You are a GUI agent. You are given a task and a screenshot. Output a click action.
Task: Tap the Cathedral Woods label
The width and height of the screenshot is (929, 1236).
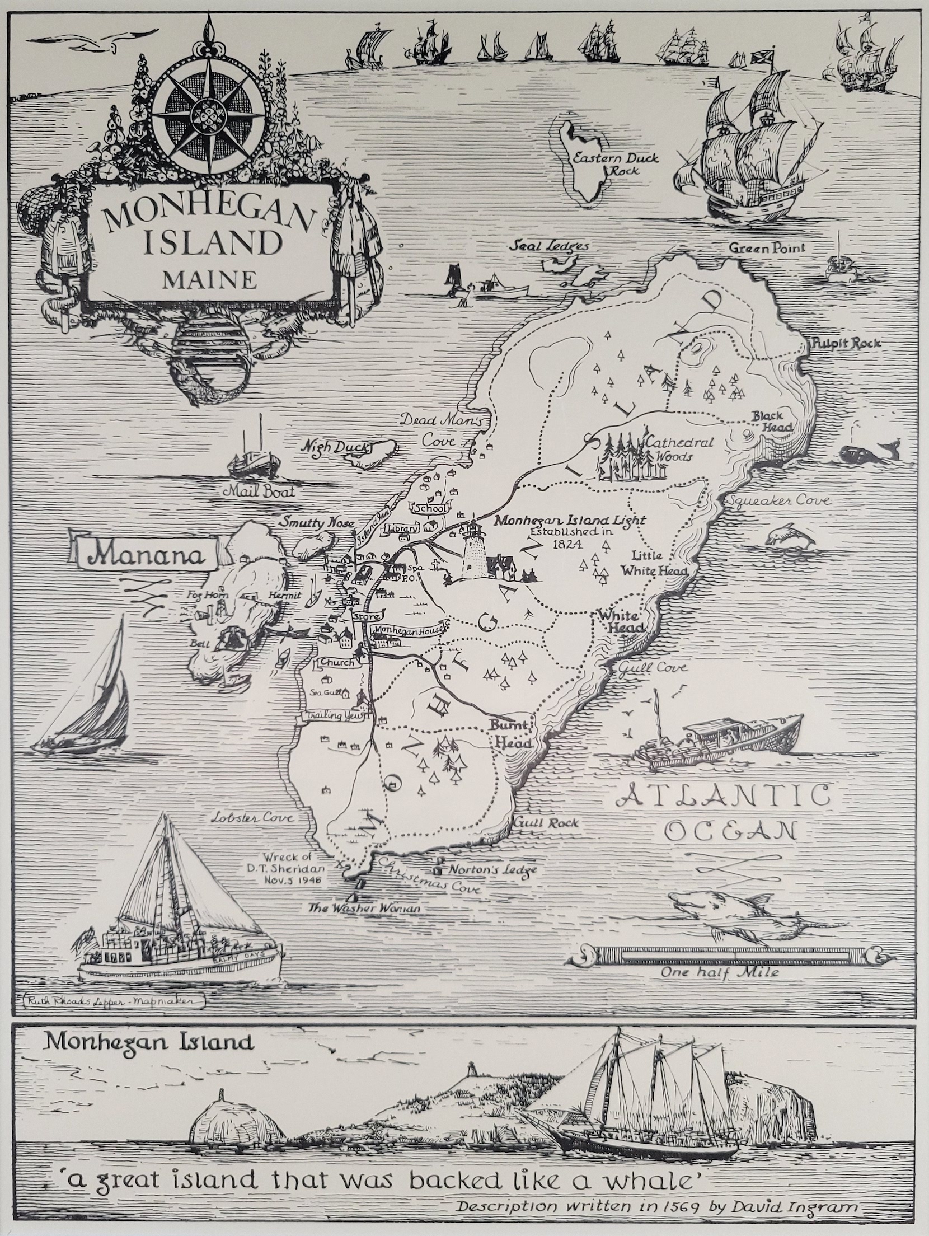coord(679,449)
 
